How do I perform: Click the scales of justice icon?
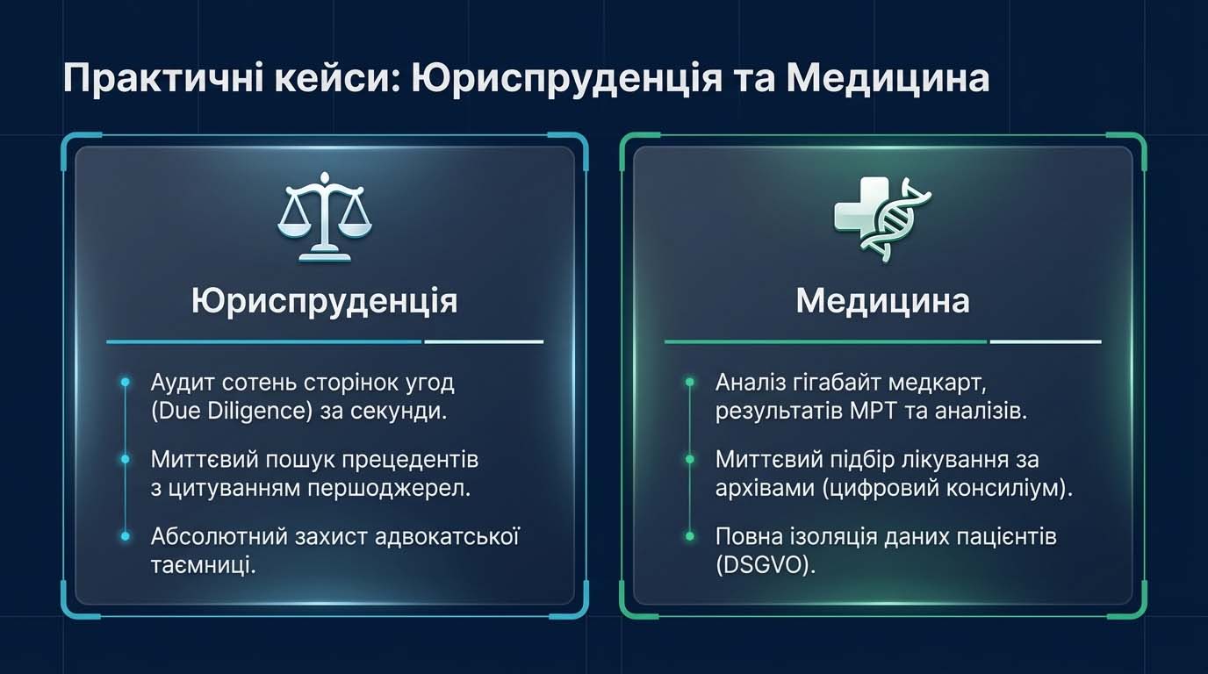coord(325,217)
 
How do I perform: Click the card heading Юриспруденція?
coord(325,301)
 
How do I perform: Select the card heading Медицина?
coord(883,301)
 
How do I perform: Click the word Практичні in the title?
coord(163,79)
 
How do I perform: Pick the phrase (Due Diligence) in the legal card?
coord(232,412)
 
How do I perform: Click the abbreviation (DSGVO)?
coord(766,566)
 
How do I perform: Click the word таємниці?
coord(203,566)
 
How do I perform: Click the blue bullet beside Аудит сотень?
coord(126,383)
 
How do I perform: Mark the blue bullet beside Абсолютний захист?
coord(126,536)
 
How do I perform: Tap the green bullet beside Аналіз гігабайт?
coord(690,383)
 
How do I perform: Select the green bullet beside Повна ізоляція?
coord(690,536)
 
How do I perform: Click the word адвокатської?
coord(447,537)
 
